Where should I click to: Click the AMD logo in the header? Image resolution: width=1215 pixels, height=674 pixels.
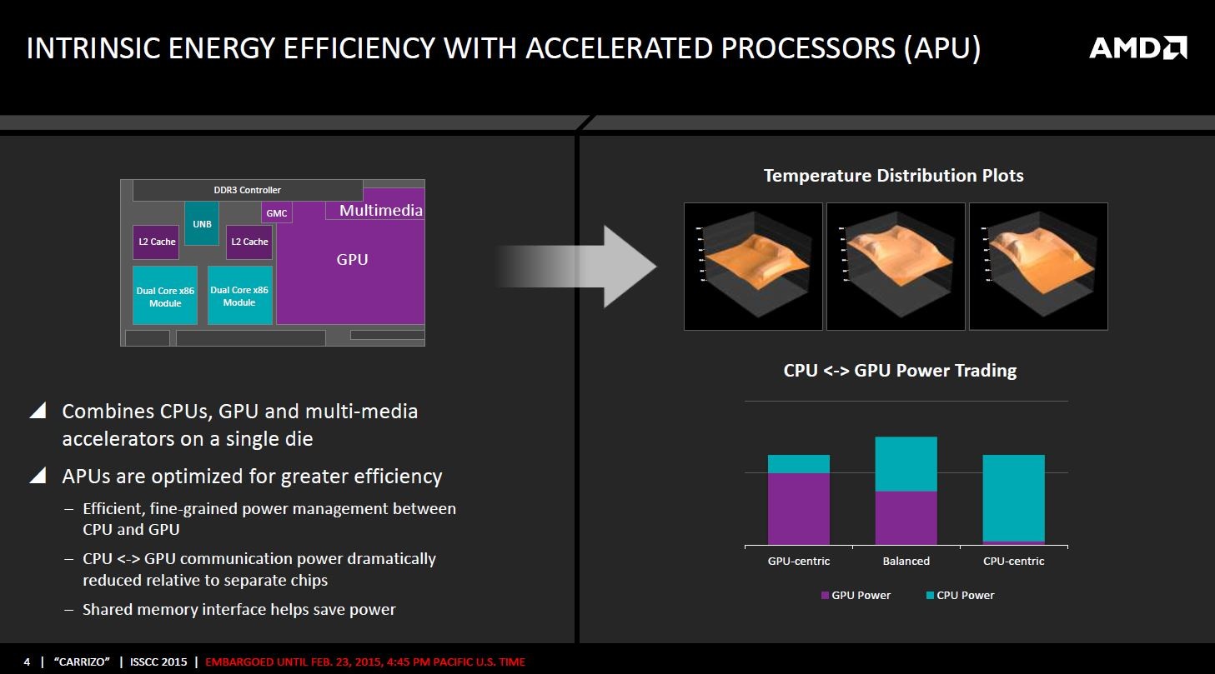pyautogui.click(x=1137, y=47)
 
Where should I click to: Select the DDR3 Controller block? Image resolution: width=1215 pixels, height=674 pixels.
pyautogui.click(x=247, y=190)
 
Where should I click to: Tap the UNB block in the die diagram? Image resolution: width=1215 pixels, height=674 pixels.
pyautogui.click(x=202, y=223)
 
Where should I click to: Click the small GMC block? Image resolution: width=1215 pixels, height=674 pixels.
pyautogui.click(x=277, y=213)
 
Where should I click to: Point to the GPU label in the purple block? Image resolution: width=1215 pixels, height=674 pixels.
pyautogui.click(x=352, y=260)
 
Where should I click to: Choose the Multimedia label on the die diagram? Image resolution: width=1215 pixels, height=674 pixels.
pyautogui.click(x=380, y=211)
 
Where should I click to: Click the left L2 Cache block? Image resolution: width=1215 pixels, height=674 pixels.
pyautogui.click(x=157, y=242)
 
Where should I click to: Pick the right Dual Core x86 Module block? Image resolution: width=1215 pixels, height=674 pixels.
pyautogui.click(x=239, y=296)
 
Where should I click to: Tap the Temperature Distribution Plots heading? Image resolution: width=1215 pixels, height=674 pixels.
pyautogui.click(x=893, y=176)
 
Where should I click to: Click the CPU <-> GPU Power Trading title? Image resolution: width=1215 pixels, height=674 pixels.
pyautogui.click(x=900, y=371)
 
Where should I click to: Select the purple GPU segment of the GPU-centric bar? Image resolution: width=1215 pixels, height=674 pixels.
pyautogui.click(x=798, y=508)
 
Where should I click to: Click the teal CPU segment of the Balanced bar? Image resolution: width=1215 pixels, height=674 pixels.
pyautogui.click(x=906, y=464)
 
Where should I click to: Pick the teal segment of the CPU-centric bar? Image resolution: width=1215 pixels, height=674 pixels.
pyautogui.click(x=1013, y=497)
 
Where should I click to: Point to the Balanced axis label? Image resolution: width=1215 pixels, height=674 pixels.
pyautogui.click(x=906, y=561)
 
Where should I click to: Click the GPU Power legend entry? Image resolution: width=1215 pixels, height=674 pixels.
pyautogui.click(x=856, y=595)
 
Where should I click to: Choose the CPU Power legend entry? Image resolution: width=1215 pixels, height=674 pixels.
pyautogui.click(x=960, y=595)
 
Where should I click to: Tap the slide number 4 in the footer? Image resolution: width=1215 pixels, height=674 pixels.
pyautogui.click(x=27, y=662)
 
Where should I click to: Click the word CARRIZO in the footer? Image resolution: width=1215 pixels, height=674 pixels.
pyautogui.click(x=83, y=662)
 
